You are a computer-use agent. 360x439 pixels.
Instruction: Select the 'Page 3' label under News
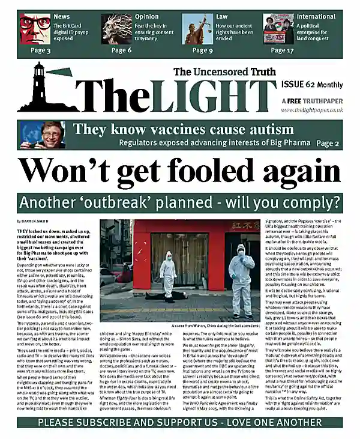(41, 50)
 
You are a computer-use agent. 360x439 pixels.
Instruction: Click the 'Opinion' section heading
(147, 16)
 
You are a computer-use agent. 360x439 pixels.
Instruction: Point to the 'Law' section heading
(222, 16)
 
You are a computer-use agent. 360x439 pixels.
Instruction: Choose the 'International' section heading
(316, 16)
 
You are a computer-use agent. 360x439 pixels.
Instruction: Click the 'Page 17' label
(281, 50)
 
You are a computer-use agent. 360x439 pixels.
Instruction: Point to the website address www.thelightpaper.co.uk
(311, 110)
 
